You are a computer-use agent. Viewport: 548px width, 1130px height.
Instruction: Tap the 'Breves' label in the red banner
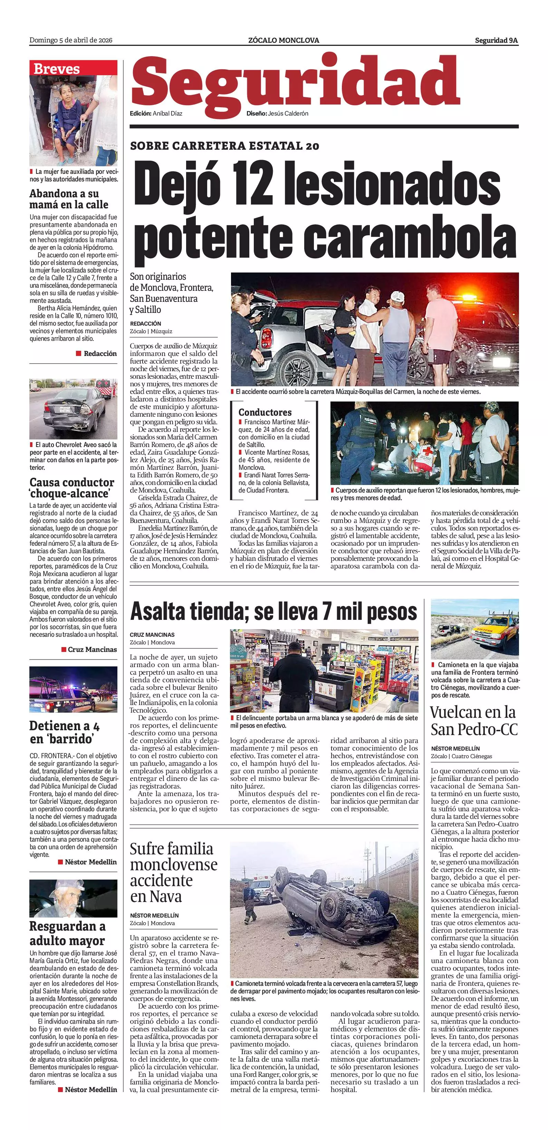tap(57, 69)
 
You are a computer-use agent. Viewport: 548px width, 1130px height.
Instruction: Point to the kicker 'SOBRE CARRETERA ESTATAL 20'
tap(224, 146)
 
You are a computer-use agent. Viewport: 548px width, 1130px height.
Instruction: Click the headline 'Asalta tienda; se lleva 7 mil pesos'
tap(273, 612)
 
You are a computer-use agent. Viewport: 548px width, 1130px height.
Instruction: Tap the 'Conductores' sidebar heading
tap(265, 412)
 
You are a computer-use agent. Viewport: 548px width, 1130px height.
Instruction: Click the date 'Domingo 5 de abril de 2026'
tap(71, 40)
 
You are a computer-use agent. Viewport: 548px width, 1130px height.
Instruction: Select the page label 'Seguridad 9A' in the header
tap(496, 40)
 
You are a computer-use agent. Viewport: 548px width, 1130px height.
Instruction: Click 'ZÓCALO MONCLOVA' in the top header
tap(283, 40)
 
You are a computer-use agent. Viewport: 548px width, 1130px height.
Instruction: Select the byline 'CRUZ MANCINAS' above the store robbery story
tap(152, 635)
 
